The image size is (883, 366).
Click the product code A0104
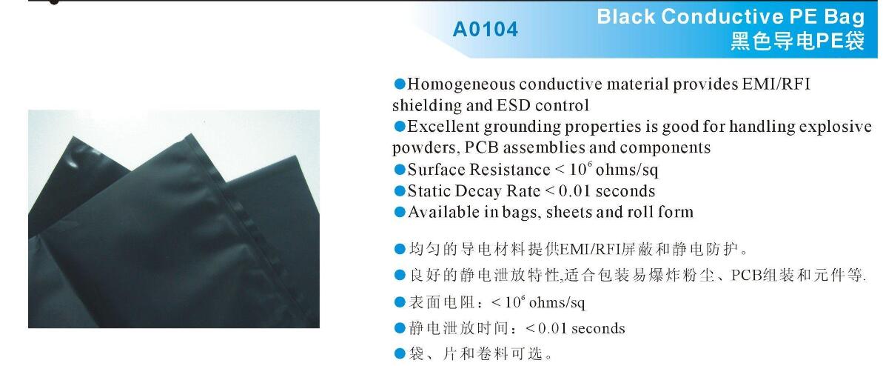485,29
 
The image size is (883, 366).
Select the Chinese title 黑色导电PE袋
797,41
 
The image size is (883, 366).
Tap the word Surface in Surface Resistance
437,170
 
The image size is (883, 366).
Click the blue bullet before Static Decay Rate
399,191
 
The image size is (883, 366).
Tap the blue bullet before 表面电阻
399,302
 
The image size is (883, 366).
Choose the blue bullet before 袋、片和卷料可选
399,354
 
